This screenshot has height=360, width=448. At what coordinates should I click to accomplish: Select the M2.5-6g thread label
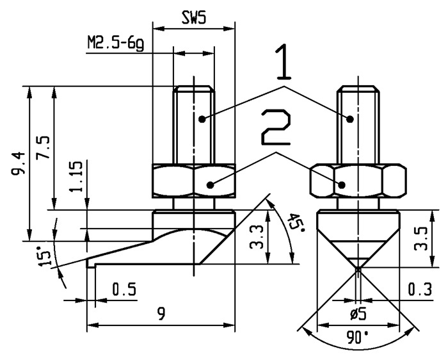115,44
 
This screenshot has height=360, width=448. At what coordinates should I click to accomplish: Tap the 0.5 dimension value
124,290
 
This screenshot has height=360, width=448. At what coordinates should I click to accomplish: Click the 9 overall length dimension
162,315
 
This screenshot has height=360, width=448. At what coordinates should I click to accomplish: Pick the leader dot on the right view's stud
350,119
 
